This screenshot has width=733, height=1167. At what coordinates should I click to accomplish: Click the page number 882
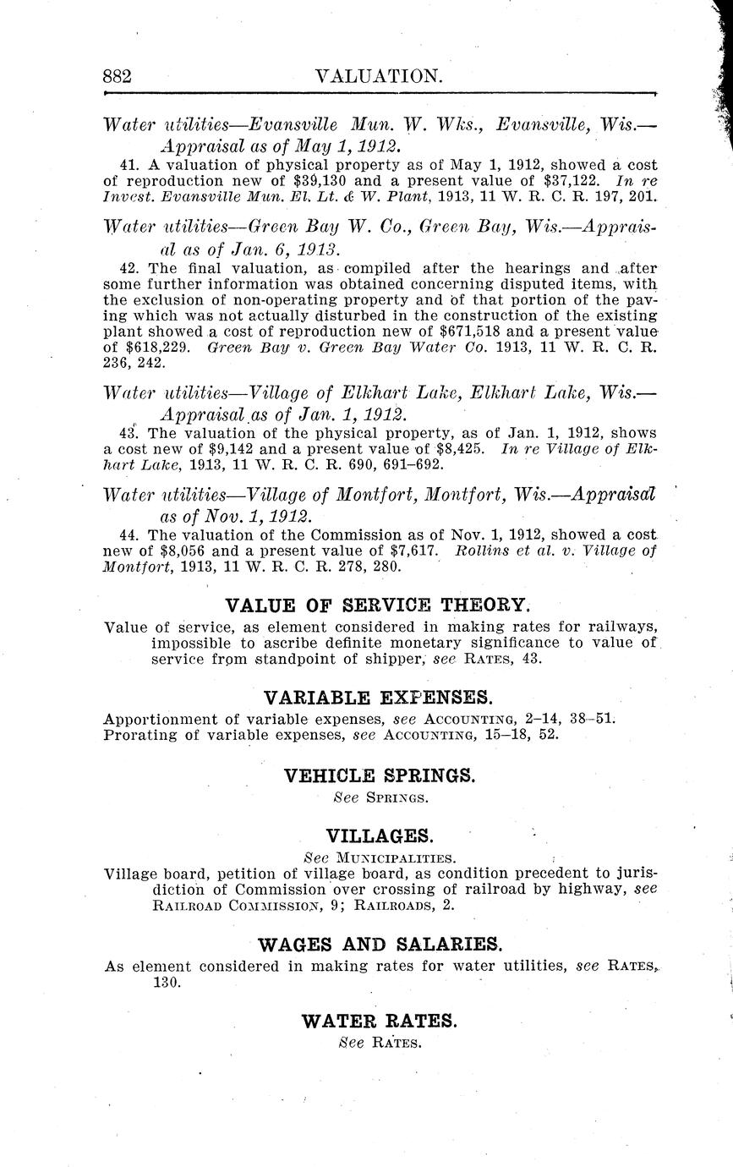pos(118,76)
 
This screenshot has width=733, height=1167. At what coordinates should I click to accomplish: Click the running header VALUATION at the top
pos(378,76)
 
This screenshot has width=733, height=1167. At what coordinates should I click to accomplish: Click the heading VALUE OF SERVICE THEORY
pos(378,605)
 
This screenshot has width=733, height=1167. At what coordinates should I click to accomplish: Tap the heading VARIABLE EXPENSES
pos(378,698)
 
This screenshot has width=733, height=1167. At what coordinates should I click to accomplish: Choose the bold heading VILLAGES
pos(380,836)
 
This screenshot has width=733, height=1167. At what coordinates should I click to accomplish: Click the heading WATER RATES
pos(380,1021)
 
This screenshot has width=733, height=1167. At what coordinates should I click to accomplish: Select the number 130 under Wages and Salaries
pos(167,983)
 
